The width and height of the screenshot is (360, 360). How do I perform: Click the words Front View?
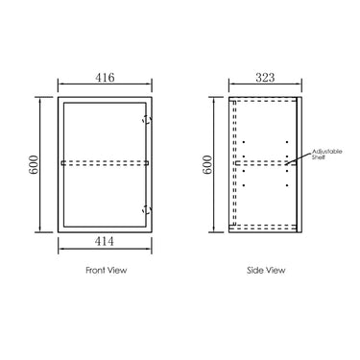coord(107,271)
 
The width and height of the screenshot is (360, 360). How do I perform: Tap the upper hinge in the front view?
coord(146,120)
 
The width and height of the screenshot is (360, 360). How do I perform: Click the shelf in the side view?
coord(264,163)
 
